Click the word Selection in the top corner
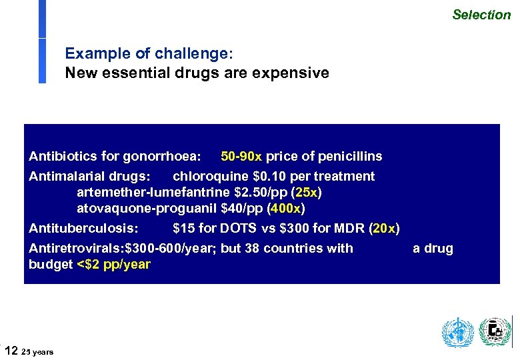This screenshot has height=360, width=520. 481,14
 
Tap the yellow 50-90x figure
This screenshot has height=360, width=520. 241,157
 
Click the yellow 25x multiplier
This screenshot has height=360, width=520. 307,193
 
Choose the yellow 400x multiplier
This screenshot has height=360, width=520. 287,209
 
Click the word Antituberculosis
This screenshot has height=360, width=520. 75,229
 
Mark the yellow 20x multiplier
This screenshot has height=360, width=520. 384,229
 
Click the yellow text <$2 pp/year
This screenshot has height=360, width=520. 114,265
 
